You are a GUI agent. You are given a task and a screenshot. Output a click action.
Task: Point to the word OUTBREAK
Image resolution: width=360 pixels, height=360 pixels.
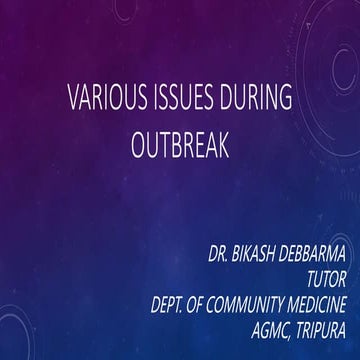click(180, 147)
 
